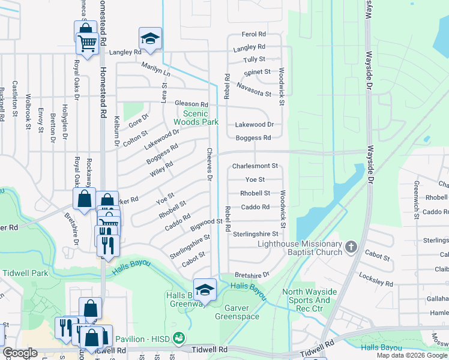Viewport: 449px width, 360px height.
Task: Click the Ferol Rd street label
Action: pos(253,35)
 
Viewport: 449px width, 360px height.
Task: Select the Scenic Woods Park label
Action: pos(195,117)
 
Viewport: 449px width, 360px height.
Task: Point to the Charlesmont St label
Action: pos(255,166)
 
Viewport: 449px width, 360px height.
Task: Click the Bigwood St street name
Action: pos(206,225)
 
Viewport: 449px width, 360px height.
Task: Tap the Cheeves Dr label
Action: pos(210,165)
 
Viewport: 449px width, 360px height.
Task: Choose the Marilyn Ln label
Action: pos(156,69)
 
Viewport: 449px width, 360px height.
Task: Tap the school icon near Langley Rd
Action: pos(150,39)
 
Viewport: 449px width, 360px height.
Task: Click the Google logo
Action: pos(20,353)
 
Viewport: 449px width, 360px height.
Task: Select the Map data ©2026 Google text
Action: pos(411,355)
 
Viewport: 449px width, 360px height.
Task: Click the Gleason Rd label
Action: pos(191,104)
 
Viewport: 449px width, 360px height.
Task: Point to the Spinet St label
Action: pos(258,72)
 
